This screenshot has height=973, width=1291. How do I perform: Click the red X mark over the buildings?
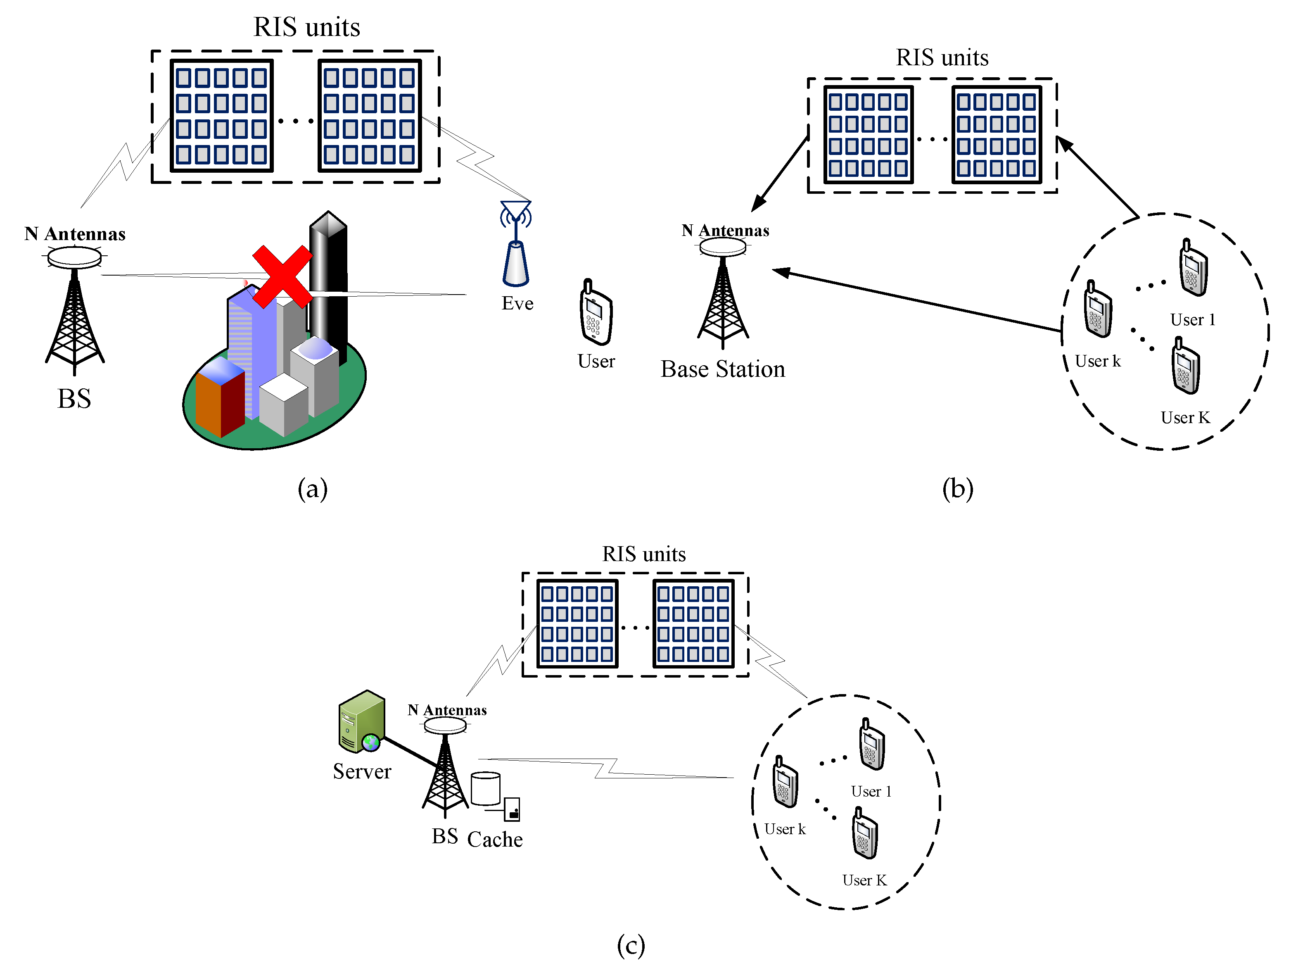coord(282,276)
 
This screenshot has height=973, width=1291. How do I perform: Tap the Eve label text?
coord(517,304)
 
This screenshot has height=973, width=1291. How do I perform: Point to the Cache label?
coord(494,839)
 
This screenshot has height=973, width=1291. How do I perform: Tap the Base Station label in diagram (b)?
coord(723,369)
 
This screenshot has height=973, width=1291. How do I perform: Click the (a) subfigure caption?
coord(312,488)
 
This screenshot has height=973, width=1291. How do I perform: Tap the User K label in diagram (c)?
coord(864,880)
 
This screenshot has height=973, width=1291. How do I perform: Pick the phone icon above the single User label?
coord(595,312)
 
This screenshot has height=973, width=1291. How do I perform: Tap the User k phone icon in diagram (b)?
coord(1098,309)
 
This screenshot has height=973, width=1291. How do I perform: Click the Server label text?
coord(362,771)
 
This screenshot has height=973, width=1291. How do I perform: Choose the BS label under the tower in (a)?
coord(74,399)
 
